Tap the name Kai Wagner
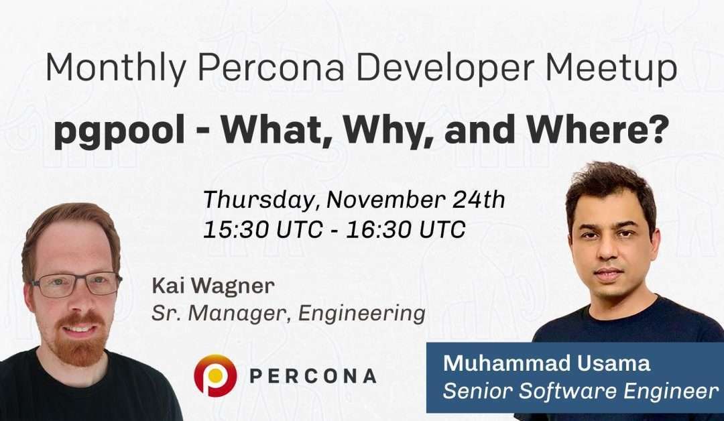[x=213, y=286]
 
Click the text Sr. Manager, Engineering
[x=288, y=313]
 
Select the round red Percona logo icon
[x=215, y=375]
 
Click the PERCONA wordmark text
[x=312, y=376]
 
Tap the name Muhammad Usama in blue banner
[x=546, y=364]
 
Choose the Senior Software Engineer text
[x=580, y=392]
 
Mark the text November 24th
[x=416, y=200]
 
